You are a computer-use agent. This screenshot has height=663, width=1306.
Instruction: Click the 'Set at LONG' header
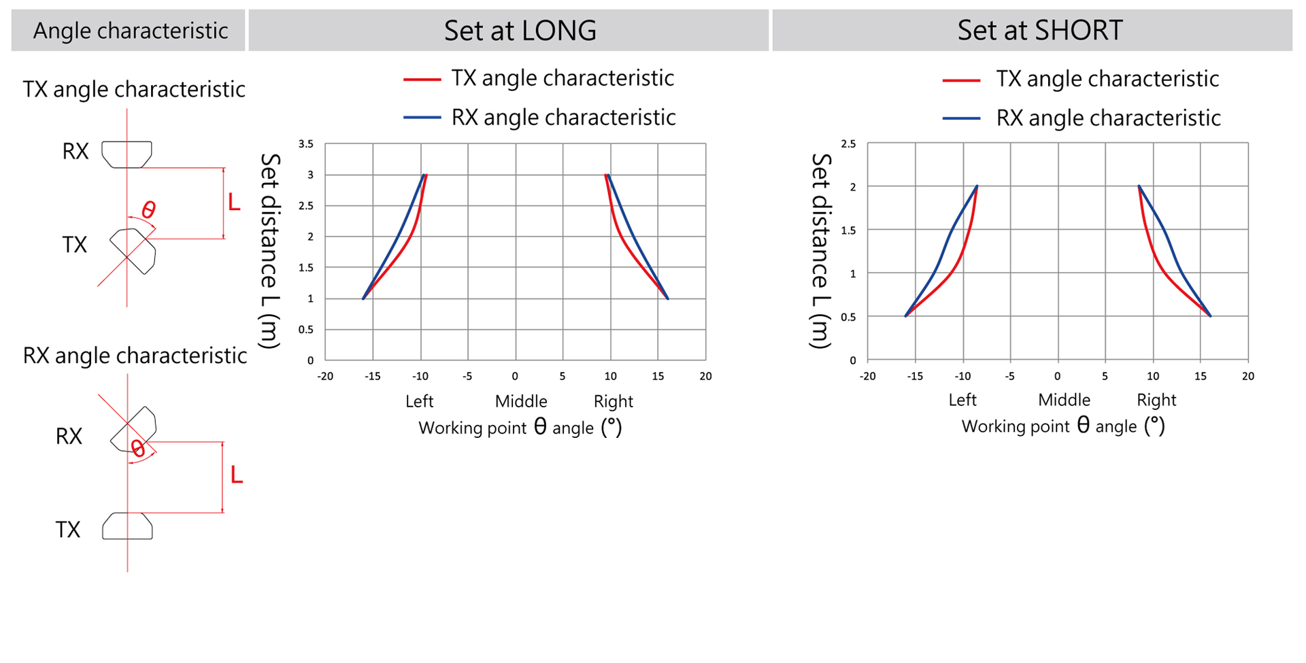(520, 31)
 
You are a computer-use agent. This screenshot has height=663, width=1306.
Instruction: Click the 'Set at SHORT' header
(1039, 31)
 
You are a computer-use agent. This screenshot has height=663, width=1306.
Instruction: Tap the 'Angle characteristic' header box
(130, 31)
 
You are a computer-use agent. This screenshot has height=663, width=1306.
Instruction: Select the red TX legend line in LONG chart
(422, 80)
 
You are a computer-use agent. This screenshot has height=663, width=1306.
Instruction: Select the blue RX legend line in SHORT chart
(961, 119)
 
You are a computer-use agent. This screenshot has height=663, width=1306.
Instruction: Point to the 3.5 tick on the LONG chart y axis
(306, 144)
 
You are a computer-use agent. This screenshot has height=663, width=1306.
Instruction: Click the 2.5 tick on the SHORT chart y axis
(848, 144)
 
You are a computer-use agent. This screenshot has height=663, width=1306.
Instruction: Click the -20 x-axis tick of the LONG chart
(325, 376)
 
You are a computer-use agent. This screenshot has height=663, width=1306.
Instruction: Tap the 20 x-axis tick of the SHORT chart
(1248, 376)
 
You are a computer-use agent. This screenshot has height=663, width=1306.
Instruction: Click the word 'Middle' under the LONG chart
(520, 401)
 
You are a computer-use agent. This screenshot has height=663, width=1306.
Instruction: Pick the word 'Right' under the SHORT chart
(1156, 400)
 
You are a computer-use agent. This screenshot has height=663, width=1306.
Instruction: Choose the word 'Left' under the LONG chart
(419, 401)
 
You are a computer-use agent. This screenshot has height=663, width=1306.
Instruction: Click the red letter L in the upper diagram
(234, 202)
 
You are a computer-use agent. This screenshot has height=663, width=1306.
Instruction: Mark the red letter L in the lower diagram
(236, 475)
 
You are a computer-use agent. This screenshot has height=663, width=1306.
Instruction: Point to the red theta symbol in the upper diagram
(148, 209)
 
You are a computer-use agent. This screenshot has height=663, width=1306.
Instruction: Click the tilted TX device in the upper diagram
(134, 250)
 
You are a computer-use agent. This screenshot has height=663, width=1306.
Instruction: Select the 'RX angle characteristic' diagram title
(135, 356)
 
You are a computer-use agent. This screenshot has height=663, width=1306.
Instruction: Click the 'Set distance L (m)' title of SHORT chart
(821, 251)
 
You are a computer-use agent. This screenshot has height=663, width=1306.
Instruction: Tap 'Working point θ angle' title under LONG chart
(520, 428)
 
